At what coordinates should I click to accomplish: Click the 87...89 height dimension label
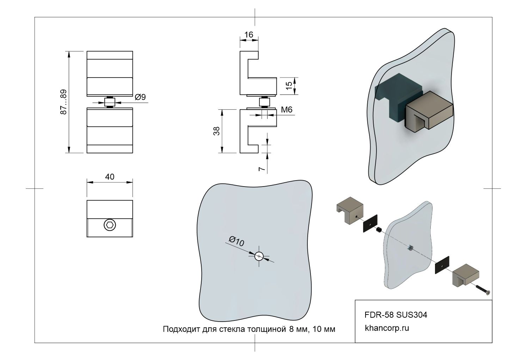[x=63, y=102]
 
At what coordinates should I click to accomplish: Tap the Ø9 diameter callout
[x=140, y=97]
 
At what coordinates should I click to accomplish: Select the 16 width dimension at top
[x=249, y=35]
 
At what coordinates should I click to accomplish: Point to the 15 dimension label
[x=289, y=86]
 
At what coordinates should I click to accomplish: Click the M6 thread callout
[x=287, y=110]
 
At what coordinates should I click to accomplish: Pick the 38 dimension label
[x=217, y=131]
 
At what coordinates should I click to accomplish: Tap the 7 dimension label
[x=262, y=169]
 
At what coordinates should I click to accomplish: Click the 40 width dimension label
[x=110, y=177]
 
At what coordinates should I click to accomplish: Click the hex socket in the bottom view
[x=110, y=225]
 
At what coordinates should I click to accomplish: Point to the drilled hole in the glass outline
[x=259, y=256]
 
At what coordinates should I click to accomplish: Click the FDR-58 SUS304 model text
[x=395, y=315]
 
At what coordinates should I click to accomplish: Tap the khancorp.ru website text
[x=387, y=328]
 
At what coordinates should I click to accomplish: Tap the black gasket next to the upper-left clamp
[x=370, y=224]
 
